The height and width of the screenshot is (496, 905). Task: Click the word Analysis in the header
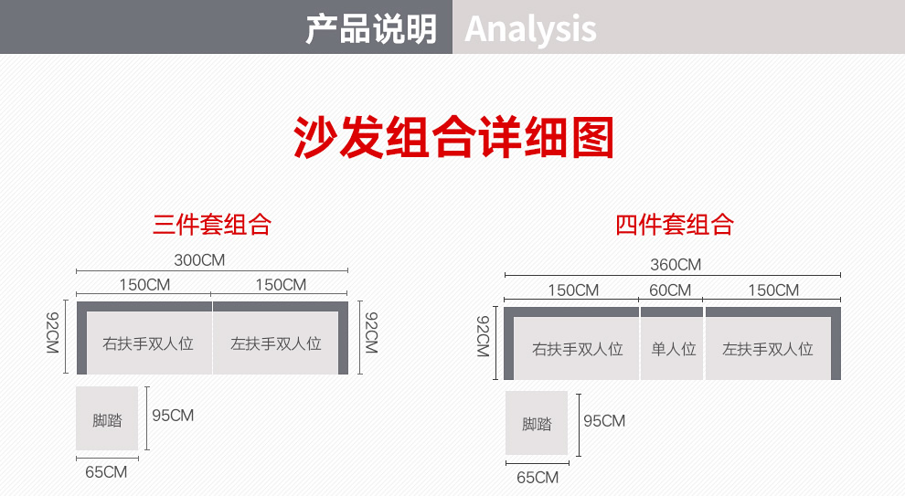tap(530, 29)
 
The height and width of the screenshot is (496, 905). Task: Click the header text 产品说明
tap(371, 29)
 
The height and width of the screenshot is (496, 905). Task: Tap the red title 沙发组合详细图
tap(453, 137)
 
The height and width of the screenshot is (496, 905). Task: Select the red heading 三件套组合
tap(212, 225)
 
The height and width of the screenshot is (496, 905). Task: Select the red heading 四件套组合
tap(674, 225)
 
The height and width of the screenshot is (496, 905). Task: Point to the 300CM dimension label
tap(199, 260)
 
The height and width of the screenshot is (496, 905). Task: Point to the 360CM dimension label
tap(676, 265)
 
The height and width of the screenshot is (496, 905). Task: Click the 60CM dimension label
tap(670, 290)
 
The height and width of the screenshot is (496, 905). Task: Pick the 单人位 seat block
tap(673, 349)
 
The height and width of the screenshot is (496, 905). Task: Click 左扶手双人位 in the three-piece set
tap(276, 343)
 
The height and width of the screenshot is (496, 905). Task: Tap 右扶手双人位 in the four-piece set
tap(577, 349)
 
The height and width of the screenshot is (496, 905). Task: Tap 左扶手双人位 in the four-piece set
tap(768, 349)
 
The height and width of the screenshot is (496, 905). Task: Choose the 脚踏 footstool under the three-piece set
tap(107, 418)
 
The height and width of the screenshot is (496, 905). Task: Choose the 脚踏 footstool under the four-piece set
tap(537, 423)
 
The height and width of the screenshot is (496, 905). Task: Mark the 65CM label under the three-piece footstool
tap(106, 471)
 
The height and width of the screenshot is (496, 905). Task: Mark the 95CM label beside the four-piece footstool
tap(604, 421)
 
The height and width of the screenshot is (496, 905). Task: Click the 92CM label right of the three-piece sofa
tap(372, 332)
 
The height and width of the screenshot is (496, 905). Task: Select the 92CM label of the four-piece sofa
tap(483, 336)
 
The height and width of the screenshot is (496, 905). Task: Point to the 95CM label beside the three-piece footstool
tap(173, 416)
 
